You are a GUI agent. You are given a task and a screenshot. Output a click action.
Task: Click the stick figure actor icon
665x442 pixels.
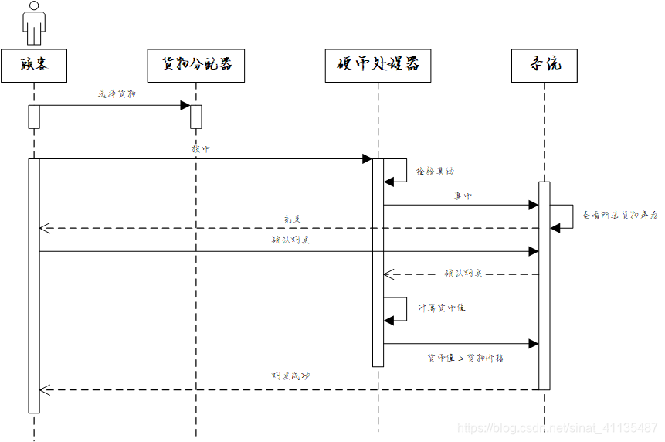point(34,22)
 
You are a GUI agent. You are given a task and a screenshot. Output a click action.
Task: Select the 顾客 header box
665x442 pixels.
point(34,66)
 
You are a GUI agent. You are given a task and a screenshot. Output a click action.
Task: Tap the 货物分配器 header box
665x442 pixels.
point(195,66)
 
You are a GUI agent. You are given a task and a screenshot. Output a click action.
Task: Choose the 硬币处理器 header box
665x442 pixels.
point(378,66)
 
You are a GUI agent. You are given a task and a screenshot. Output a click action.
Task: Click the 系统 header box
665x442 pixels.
point(544,66)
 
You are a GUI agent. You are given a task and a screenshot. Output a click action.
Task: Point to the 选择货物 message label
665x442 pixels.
point(117,94)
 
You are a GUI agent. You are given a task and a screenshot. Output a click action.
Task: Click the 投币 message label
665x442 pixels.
point(200,148)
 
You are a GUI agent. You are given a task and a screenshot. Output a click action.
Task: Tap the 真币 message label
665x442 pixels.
point(463,195)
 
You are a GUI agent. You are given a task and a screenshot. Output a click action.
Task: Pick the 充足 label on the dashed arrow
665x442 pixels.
point(291,219)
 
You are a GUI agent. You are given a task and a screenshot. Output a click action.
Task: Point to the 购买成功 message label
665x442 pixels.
point(290,376)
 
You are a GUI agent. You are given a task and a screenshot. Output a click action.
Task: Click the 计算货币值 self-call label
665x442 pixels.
point(442,308)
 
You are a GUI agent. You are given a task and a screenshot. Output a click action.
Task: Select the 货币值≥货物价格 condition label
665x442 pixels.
point(466,359)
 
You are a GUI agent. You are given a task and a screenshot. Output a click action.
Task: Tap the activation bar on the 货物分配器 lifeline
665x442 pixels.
point(195,116)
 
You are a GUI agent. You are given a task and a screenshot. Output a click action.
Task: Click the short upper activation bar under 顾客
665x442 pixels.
point(34,116)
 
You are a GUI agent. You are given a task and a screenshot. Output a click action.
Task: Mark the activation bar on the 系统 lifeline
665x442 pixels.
point(544,286)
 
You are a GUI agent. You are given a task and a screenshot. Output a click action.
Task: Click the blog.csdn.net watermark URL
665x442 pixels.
point(557,427)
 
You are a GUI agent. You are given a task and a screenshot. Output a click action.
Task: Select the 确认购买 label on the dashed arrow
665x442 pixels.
point(463,273)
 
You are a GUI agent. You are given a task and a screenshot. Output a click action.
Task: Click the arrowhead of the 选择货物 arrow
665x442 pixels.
point(185,105)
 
